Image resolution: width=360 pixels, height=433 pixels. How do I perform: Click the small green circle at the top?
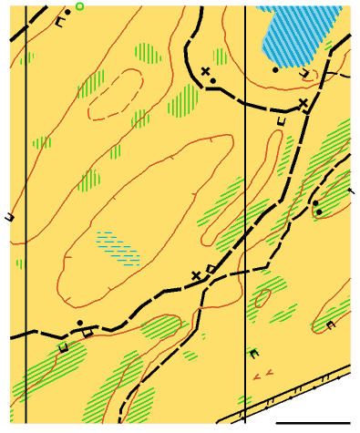(x=79, y=6)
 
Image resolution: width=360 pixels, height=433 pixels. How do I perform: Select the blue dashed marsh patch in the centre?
(x=118, y=246)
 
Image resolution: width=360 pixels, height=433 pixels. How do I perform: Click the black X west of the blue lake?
(x=206, y=71)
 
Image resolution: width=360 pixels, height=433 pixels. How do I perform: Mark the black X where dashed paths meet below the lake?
(x=303, y=103)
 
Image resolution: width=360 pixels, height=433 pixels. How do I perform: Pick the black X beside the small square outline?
(x=195, y=275)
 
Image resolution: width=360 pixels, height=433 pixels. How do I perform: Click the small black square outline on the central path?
(x=211, y=268)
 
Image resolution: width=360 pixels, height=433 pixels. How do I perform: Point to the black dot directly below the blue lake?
(x=276, y=69)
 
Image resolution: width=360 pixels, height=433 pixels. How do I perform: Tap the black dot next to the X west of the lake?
(x=213, y=81)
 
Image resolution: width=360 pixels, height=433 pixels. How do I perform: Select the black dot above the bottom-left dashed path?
(x=81, y=322)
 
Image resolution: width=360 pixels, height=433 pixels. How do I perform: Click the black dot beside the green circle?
(x=68, y=11)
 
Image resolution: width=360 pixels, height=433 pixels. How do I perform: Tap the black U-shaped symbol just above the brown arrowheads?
(x=253, y=353)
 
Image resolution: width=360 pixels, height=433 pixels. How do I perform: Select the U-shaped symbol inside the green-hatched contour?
(x=330, y=324)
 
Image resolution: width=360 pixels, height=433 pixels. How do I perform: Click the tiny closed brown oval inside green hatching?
(x=263, y=297)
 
